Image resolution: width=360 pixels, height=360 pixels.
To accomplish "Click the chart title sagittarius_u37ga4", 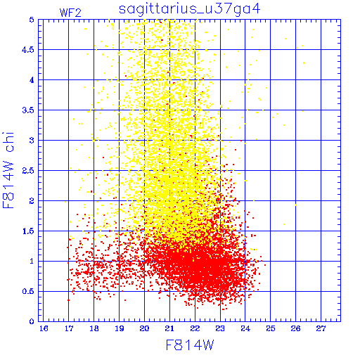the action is click(190, 9).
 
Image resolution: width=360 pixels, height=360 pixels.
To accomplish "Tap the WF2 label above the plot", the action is click(70, 13).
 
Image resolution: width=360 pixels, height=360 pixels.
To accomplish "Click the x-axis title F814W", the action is click(190, 345).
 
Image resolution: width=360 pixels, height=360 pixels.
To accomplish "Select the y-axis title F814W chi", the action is click(8, 170).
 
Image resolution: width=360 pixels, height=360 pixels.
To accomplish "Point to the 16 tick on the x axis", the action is click(44, 328).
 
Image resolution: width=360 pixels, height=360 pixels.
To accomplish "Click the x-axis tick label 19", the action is click(120, 328).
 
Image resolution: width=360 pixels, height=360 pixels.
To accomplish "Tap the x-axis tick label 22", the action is click(195, 328).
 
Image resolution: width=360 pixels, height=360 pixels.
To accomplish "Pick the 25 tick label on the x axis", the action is click(271, 328).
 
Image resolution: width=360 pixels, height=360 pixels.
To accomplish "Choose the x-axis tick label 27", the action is click(321, 328).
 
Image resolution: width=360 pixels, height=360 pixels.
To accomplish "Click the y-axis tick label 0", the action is click(32, 321).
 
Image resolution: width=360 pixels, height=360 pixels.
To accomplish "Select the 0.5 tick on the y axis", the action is click(28, 291).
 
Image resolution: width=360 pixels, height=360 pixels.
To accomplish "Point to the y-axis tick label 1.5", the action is click(28, 231).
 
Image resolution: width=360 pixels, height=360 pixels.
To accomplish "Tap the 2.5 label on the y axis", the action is click(28, 171).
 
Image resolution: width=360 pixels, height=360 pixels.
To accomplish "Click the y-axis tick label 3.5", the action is click(28, 110).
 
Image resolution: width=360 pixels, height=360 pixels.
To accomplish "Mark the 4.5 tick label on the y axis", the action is click(28, 50).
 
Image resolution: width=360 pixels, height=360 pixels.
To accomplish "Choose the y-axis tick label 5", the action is click(32, 20).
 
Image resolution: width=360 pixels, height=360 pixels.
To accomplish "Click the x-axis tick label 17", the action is click(69, 328).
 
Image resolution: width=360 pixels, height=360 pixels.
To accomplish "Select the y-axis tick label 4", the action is click(32, 80).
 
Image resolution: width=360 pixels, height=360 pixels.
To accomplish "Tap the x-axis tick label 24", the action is click(245, 328).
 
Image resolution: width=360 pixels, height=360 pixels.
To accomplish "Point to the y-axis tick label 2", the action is click(32, 201).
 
